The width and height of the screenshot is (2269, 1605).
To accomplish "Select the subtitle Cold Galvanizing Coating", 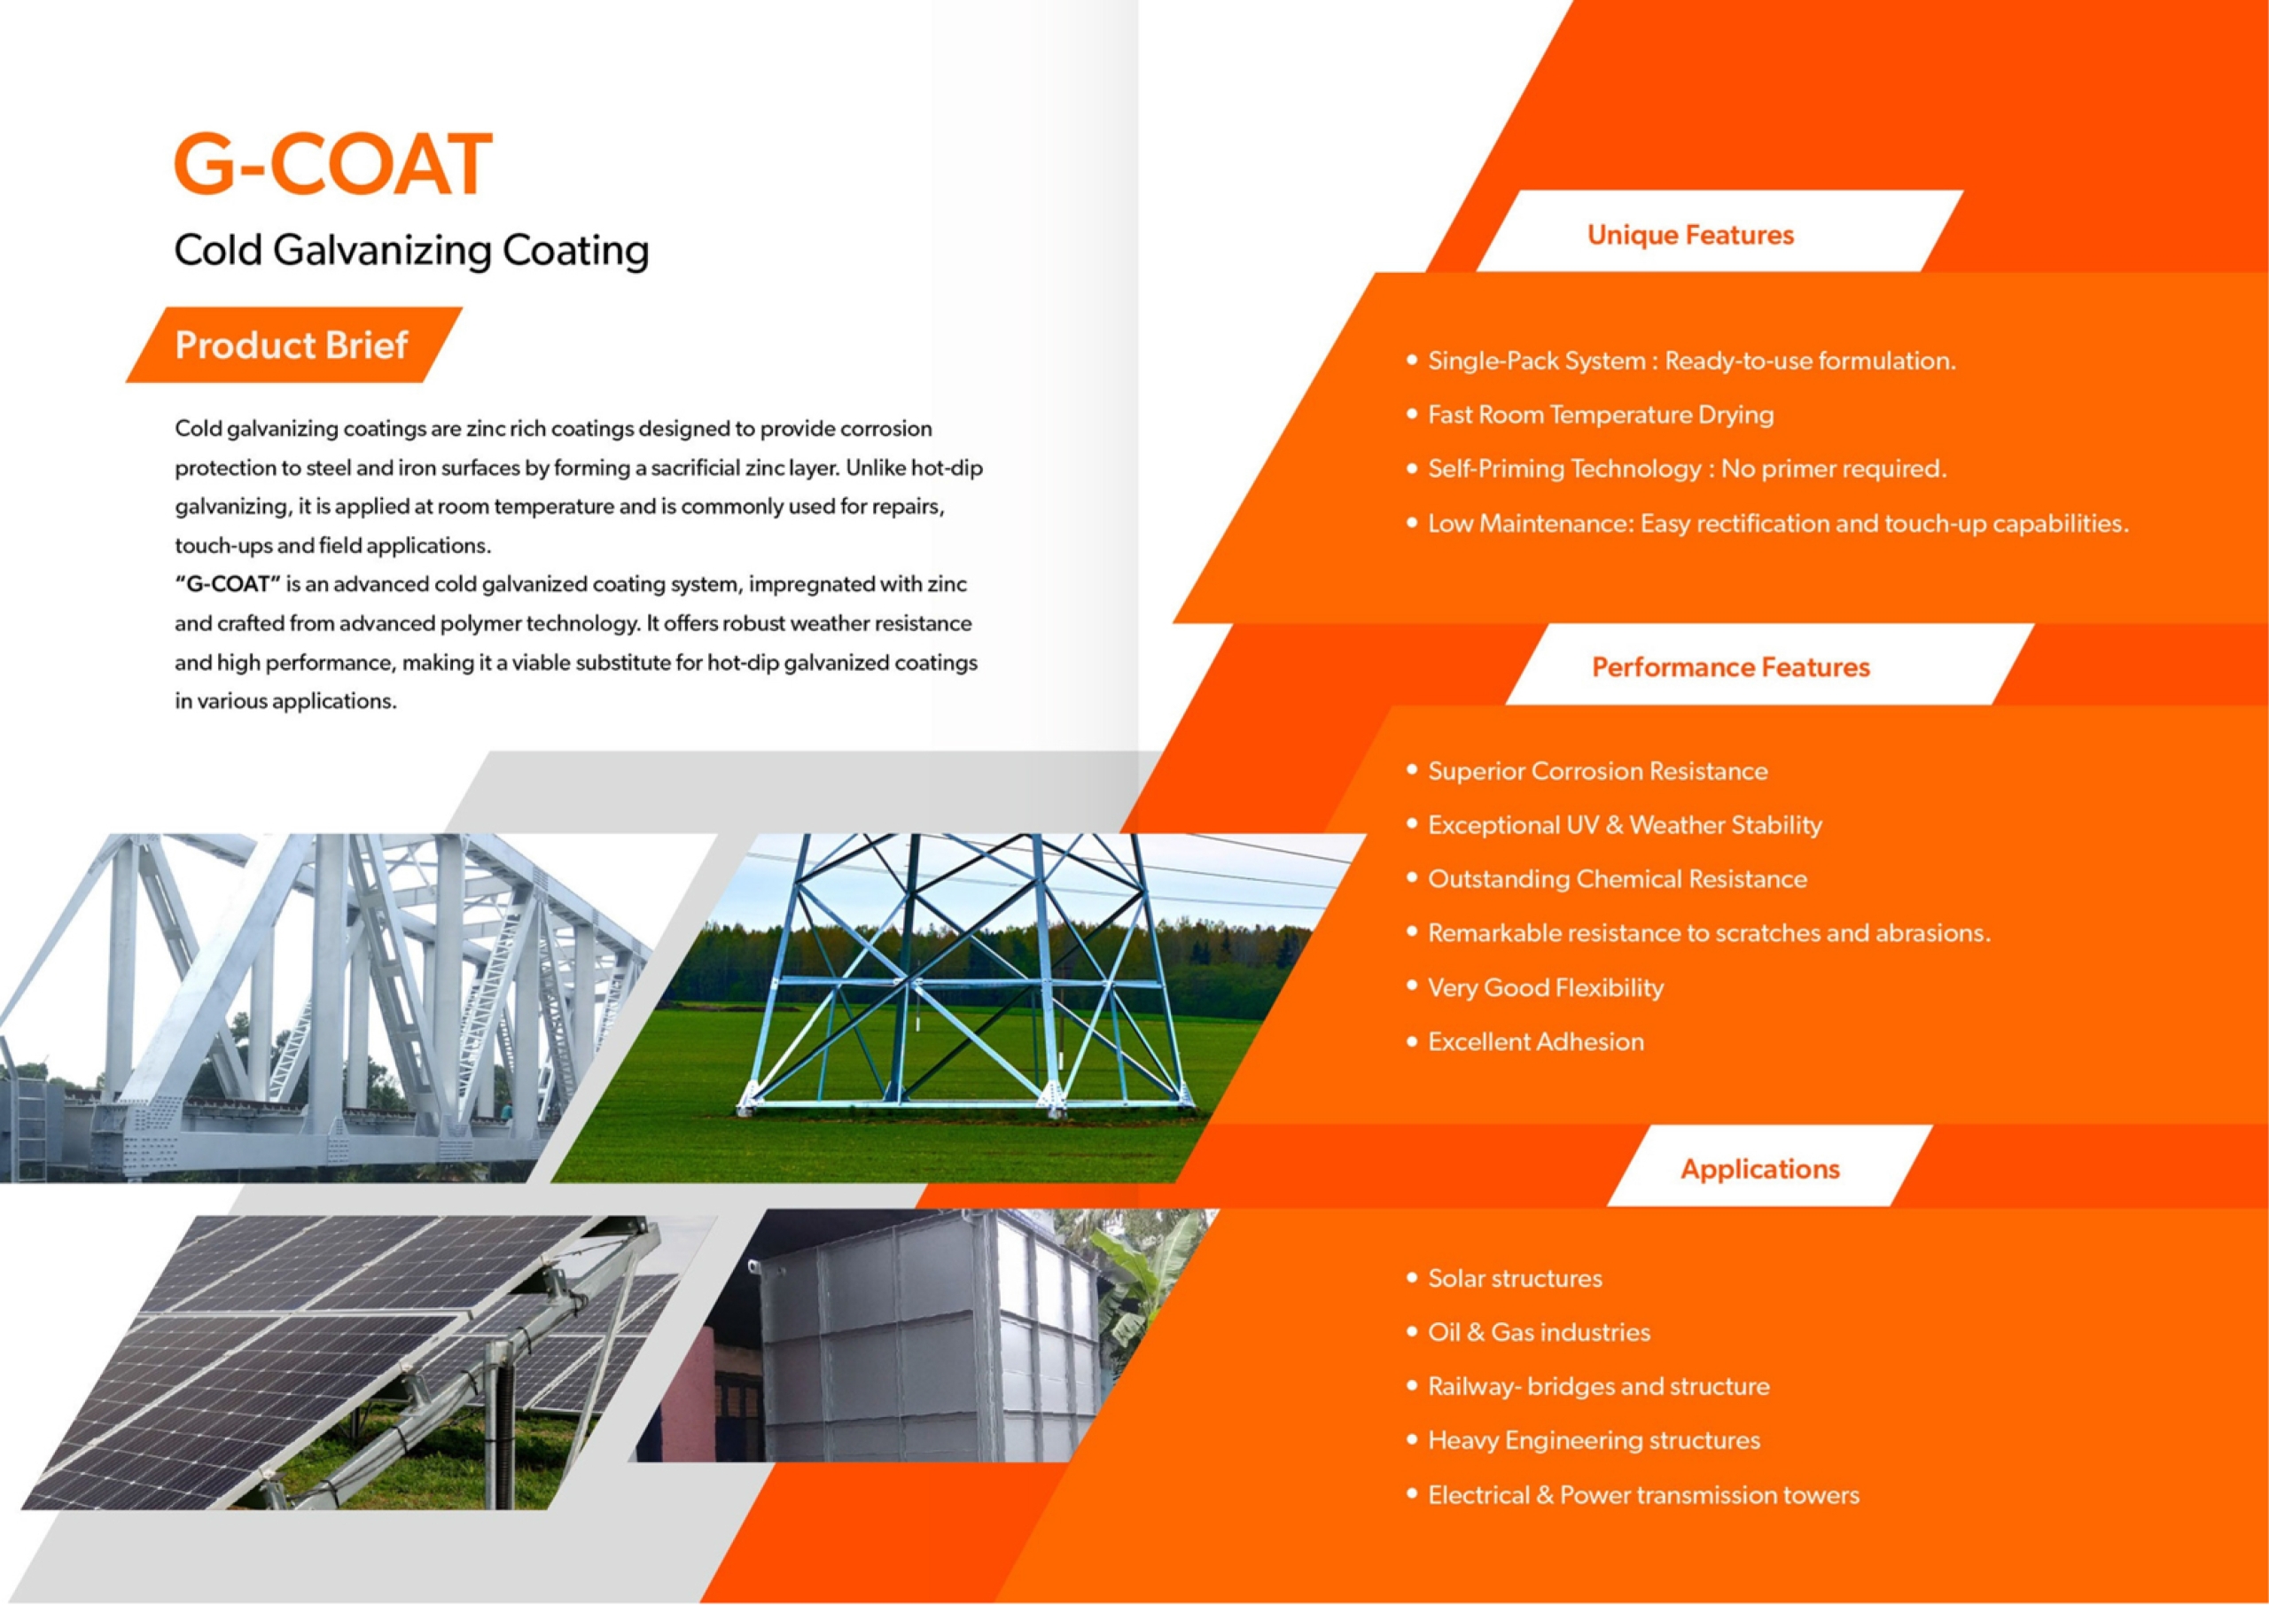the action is [x=411, y=250].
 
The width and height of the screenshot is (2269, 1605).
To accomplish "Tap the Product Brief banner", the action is [x=293, y=345].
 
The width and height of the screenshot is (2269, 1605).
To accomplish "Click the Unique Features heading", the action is [x=1690, y=235].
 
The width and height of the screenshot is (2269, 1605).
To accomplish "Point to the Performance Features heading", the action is [x=1730, y=667].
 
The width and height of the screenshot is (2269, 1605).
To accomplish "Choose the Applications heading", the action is [x=1760, y=1169].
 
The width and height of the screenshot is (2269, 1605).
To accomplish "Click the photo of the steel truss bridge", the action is [x=326, y=1008].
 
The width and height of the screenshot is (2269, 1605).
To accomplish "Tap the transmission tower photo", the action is [x=959, y=1008].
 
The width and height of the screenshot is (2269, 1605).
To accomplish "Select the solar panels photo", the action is [x=370, y=1362].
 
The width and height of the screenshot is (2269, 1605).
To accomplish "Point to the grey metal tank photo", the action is [x=924, y=1336].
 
